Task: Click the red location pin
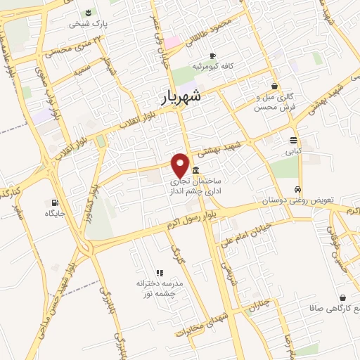(181, 165)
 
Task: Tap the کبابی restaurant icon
(292, 139)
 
